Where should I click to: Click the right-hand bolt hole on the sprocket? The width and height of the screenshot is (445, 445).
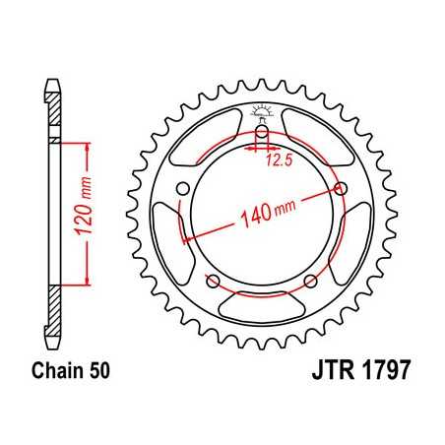pyautogui.click(x=342, y=189)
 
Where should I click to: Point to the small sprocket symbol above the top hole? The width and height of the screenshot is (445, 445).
pyautogui.click(x=264, y=111)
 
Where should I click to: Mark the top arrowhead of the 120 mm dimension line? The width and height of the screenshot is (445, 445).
pyautogui.click(x=90, y=147)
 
